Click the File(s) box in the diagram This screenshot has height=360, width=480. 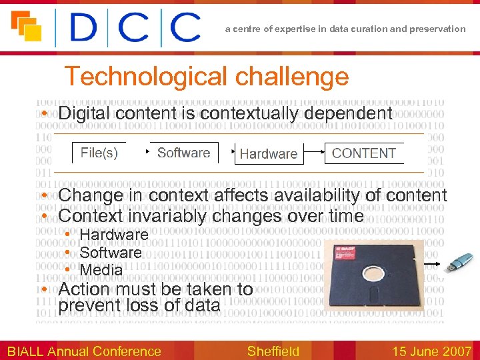coord(99,153)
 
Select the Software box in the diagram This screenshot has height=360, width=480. coord(183,153)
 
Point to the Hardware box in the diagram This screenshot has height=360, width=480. coord(268,153)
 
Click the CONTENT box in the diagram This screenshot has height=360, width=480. coord(363,153)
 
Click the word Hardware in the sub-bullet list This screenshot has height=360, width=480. coord(113,235)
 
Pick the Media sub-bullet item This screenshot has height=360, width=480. coord(101,270)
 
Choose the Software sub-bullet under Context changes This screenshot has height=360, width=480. coord(111,253)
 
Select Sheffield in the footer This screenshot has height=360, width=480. coord(273,351)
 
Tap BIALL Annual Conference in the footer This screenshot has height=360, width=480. coord(84,351)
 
